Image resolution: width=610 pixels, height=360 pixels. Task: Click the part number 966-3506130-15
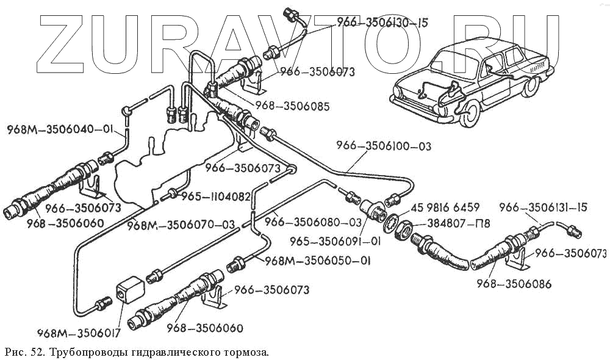coord(382,23)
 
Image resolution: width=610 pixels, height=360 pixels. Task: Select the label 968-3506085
coord(293,106)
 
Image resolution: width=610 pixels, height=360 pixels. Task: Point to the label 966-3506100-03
coord(384,146)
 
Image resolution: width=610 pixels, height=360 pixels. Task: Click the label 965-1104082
coord(214,196)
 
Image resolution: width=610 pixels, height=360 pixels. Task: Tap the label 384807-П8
coord(454,224)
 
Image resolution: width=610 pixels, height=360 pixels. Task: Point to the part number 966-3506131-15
coord(543,207)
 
